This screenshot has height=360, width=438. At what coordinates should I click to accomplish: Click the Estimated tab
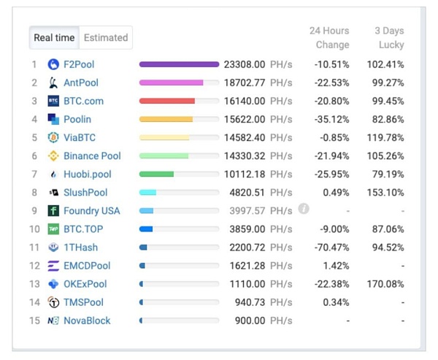click(x=106, y=38)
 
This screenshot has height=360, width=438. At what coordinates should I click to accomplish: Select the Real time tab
click(x=54, y=38)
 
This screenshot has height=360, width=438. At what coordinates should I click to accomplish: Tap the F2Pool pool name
click(x=79, y=64)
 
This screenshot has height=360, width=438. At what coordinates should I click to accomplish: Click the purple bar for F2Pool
click(x=179, y=64)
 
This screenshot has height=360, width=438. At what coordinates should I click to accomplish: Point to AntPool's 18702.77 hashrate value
click(x=245, y=83)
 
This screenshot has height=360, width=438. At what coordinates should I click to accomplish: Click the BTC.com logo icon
click(x=53, y=101)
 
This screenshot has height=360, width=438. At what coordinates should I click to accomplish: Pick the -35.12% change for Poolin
click(x=331, y=119)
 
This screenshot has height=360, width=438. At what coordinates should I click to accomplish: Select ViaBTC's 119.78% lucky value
click(x=385, y=137)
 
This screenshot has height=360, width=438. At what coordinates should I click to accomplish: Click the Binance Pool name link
click(x=92, y=156)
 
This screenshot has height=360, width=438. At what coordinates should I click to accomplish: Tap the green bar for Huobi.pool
click(x=156, y=175)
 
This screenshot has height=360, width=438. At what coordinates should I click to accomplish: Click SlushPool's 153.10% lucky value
click(x=385, y=193)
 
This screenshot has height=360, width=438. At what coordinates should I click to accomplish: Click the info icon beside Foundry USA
click(x=304, y=209)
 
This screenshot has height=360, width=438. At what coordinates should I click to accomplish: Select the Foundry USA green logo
click(x=53, y=211)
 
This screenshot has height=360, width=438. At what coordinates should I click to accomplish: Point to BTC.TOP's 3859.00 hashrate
click(x=247, y=229)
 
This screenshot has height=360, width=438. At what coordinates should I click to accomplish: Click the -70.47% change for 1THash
click(x=331, y=248)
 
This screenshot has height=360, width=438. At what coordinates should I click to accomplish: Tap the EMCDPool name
click(x=87, y=266)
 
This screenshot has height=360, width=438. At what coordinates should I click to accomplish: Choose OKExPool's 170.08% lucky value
click(x=385, y=284)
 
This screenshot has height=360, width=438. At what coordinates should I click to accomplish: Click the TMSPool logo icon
click(x=53, y=302)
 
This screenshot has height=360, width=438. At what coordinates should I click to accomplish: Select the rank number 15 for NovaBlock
click(x=34, y=321)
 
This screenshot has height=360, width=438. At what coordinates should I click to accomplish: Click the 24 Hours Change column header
click(x=329, y=38)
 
